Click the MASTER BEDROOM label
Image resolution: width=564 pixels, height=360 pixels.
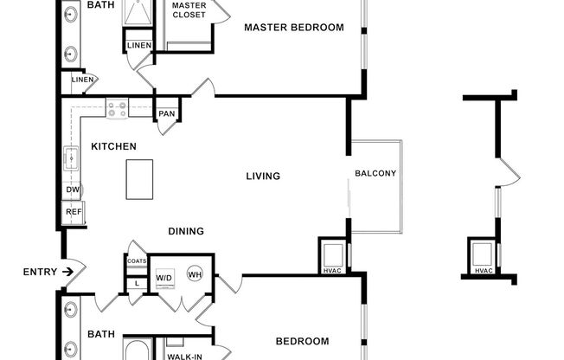(x=293, y=28)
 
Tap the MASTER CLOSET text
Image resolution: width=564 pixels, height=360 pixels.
(x=189, y=10)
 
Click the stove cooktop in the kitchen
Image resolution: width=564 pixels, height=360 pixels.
(x=118, y=109)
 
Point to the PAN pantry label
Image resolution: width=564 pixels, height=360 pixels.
(x=166, y=114)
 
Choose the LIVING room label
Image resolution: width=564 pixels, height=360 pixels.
(x=263, y=177)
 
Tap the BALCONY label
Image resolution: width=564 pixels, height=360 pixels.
(x=375, y=173)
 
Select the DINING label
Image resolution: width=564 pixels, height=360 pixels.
(x=186, y=231)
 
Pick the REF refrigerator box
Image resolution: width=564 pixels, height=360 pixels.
(x=74, y=211)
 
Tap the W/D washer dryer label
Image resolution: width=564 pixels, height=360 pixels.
(x=164, y=278)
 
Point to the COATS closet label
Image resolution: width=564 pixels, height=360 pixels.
(x=137, y=260)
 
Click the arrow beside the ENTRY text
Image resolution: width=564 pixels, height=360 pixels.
(x=67, y=272)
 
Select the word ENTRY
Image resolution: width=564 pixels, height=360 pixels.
(x=40, y=272)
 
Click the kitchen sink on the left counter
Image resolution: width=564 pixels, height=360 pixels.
(x=71, y=159)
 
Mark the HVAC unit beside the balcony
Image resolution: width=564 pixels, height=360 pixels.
(x=332, y=255)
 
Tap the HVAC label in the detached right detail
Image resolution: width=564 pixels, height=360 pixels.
(x=484, y=272)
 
